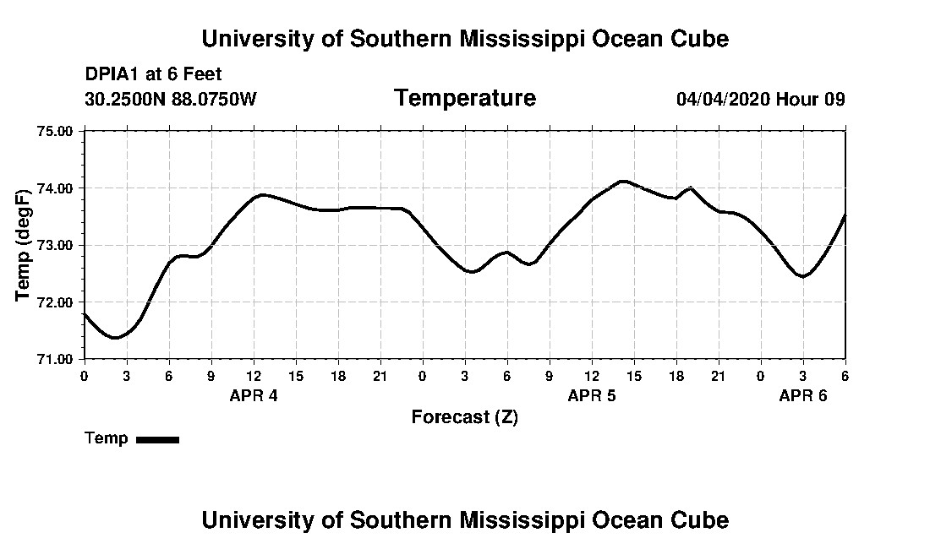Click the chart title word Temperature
[464, 99]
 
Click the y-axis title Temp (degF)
[25, 245]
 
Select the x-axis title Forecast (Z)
[464, 417]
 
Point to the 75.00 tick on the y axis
[57, 131]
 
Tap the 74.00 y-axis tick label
[57, 188]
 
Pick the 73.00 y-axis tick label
[57, 245]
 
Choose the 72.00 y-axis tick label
[57, 302]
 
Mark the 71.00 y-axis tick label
[57, 359]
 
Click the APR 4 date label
[254, 395]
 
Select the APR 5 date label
[592, 395]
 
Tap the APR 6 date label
[803, 395]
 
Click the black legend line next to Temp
[157, 439]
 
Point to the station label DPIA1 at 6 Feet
[153, 74]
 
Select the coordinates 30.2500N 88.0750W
[170, 99]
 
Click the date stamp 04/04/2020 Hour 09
[760, 99]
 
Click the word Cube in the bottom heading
[704, 519]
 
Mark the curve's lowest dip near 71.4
[115, 338]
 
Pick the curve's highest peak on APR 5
[623, 181]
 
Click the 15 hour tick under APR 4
[296, 376]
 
